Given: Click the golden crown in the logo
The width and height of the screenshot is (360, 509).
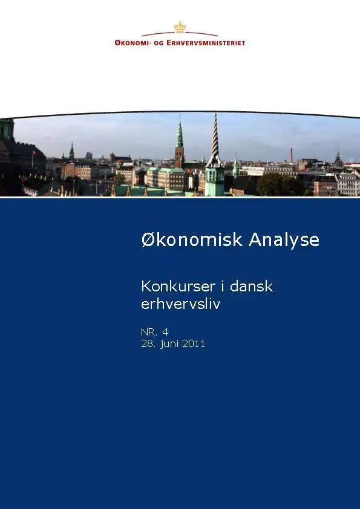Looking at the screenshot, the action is (180, 27).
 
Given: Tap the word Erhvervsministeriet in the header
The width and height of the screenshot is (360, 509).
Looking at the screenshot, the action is (206, 42).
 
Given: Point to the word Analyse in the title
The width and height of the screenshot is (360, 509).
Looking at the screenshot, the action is (284, 240).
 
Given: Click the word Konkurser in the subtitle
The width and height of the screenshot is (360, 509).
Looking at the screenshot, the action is (178, 287).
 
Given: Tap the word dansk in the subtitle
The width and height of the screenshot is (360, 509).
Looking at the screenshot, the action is (251, 287).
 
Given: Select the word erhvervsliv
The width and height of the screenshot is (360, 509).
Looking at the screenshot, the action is (181, 304).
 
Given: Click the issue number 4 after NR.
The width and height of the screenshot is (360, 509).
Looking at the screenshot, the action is (165, 332).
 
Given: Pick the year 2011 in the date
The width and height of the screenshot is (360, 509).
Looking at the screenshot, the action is (194, 344).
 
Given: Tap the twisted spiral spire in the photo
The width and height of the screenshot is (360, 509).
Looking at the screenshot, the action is (214, 140).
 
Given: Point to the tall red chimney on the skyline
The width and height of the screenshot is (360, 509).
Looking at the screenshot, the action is (292, 155).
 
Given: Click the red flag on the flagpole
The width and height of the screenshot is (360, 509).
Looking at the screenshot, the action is (34, 152).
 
